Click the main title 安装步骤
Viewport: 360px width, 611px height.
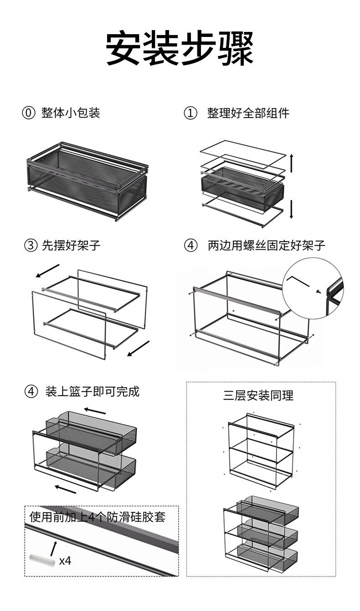[180, 48]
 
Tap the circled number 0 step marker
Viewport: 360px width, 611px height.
[28, 113]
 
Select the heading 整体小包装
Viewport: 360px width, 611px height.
[71, 113]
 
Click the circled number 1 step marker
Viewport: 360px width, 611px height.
[190, 113]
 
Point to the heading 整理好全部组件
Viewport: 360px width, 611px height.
[248, 113]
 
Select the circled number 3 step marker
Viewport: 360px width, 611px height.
[31, 246]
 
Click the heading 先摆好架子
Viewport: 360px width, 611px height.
[71, 246]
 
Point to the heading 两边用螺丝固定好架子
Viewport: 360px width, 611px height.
[267, 246]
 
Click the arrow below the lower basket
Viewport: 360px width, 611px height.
[66, 488]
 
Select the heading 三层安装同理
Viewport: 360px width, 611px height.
[258, 395]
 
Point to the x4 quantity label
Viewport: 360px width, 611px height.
[65, 560]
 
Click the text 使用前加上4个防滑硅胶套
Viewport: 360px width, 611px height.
[97, 517]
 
